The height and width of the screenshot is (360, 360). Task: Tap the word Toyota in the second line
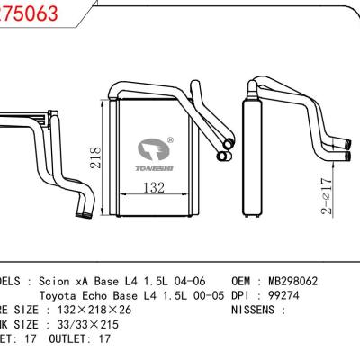tap(60, 294)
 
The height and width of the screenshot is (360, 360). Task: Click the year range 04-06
tap(202, 281)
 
